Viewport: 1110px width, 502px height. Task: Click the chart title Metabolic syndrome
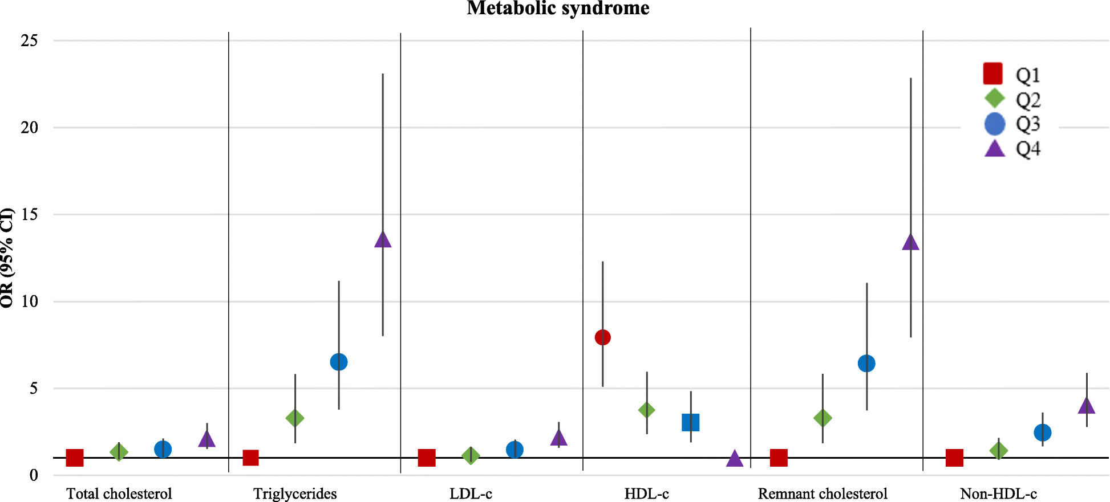pyautogui.click(x=558, y=8)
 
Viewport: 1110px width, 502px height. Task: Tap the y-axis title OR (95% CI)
pyautogui.click(x=7, y=258)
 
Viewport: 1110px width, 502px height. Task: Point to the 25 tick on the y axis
pyautogui.click(x=29, y=40)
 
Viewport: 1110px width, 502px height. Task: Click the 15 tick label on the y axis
pyautogui.click(x=29, y=214)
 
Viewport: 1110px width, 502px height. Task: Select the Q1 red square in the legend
pyautogui.click(x=993, y=74)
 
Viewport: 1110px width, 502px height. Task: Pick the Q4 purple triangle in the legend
pyautogui.click(x=995, y=149)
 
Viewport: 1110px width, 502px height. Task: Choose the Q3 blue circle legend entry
pyautogui.click(x=995, y=124)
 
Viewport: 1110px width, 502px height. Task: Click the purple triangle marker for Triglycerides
pyautogui.click(x=383, y=240)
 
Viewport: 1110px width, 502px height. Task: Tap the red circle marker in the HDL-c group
pyautogui.click(x=602, y=337)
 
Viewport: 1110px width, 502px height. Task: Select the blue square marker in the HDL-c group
pyautogui.click(x=690, y=422)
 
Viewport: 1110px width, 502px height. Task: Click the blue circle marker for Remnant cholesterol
pyautogui.click(x=866, y=363)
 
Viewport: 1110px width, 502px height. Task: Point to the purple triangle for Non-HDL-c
pyautogui.click(x=1086, y=406)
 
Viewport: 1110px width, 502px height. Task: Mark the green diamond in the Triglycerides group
pyautogui.click(x=295, y=418)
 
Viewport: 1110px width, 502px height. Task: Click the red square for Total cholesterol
pyautogui.click(x=75, y=458)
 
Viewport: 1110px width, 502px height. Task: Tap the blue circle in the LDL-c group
pyautogui.click(x=515, y=450)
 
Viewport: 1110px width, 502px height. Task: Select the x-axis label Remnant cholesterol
pyautogui.click(x=823, y=493)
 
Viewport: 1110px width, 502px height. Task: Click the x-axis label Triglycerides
pyautogui.click(x=295, y=493)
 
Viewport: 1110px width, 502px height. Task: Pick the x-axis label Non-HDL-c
pyautogui.click(x=998, y=493)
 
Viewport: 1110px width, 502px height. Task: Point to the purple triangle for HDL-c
pyautogui.click(x=735, y=459)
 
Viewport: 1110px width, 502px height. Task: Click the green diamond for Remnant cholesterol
pyautogui.click(x=823, y=418)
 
